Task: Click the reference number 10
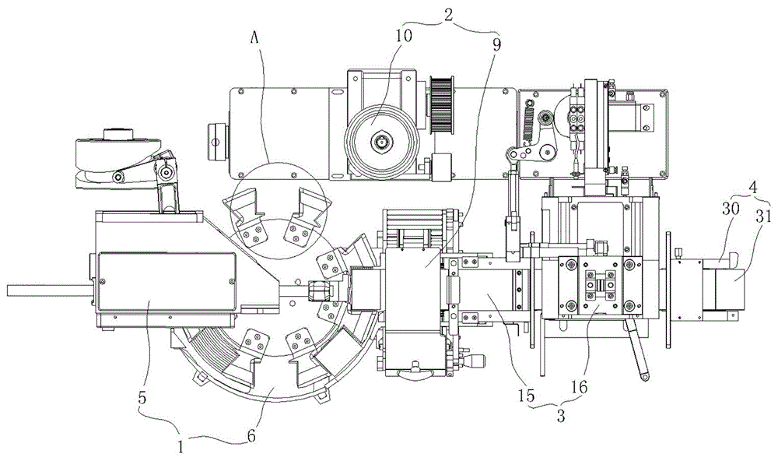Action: click(x=404, y=37)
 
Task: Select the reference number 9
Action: click(x=496, y=44)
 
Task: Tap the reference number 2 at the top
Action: click(x=447, y=15)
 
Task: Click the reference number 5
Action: click(x=142, y=397)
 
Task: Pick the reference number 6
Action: click(x=251, y=436)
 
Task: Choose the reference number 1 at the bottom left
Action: click(x=181, y=447)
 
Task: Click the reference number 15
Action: click(x=527, y=396)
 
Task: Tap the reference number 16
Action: click(x=580, y=385)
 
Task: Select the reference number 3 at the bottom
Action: click(x=561, y=417)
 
